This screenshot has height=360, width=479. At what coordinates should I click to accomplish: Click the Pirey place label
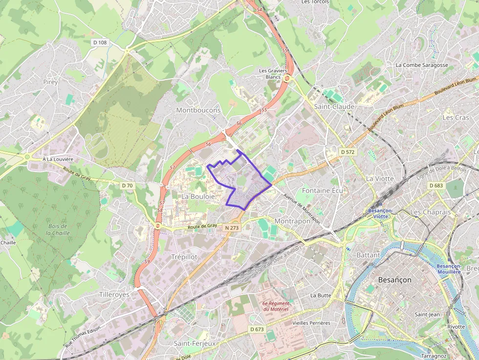[50, 82]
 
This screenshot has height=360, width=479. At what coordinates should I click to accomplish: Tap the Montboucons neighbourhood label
[198, 110]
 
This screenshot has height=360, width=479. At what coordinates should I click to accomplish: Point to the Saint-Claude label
[334, 106]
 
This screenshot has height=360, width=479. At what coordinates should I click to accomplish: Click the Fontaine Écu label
[323, 190]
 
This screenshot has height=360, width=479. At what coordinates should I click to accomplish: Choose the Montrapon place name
[292, 221]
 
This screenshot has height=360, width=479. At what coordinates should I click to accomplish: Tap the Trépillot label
[184, 256]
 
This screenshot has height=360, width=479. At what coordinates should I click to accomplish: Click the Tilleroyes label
[114, 295]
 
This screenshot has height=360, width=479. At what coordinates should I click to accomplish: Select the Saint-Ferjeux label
[195, 343]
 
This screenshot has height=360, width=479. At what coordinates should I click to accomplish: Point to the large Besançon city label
[394, 280]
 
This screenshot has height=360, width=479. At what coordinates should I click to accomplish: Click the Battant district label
[368, 255]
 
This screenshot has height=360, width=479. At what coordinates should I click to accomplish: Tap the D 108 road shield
[100, 42]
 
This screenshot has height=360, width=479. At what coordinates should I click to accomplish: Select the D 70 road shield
[127, 185]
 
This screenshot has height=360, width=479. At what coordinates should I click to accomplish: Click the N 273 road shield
[232, 228]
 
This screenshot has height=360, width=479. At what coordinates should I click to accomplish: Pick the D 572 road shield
[347, 152]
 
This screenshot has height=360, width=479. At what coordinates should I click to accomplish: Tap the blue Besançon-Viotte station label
[381, 213]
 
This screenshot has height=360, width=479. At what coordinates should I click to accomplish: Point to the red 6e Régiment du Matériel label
[276, 306]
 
